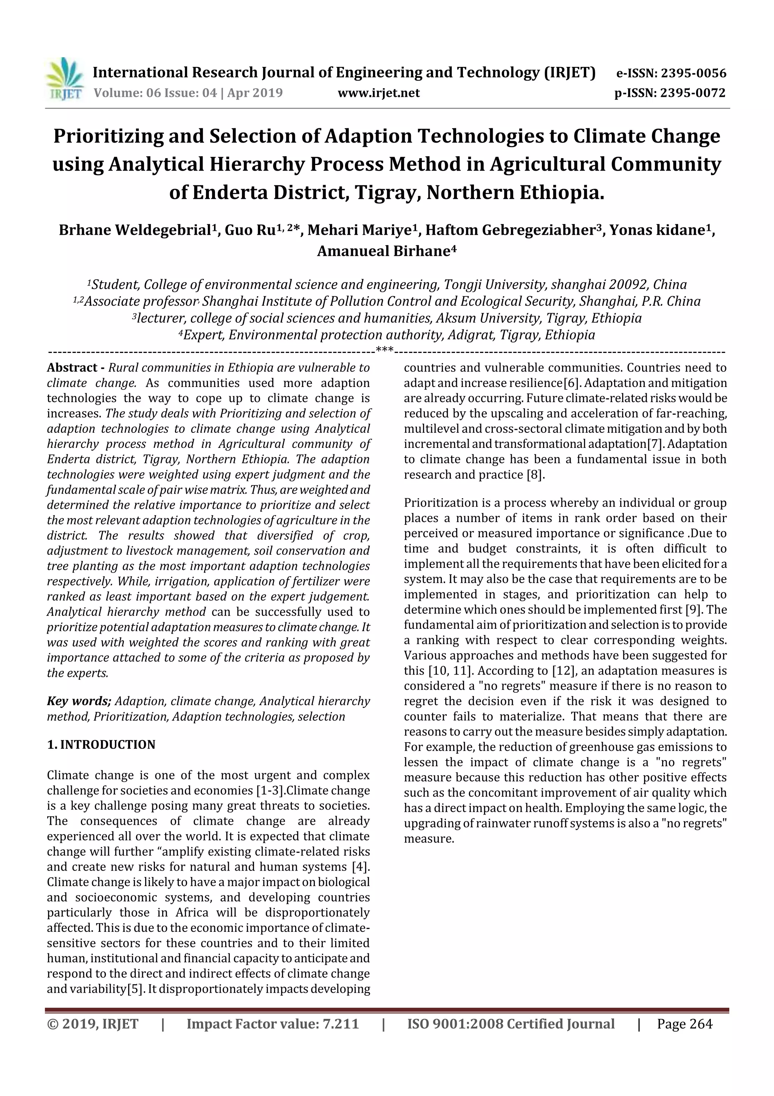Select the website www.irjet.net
tap(379, 93)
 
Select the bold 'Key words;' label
tap(79, 701)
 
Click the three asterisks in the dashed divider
tap(384, 350)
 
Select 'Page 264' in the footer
tap(684, 1024)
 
